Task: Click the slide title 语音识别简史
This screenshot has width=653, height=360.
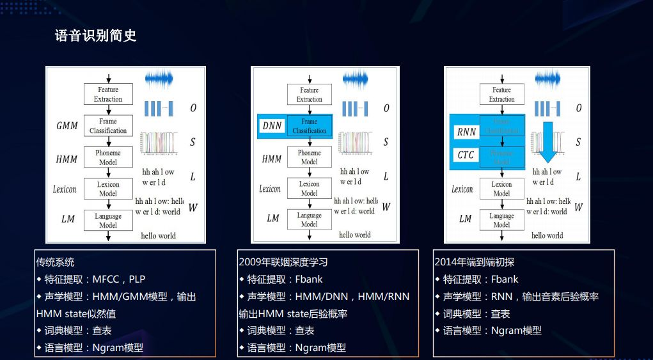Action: click(x=96, y=36)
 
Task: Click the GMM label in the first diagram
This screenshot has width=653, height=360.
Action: click(x=67, y=125)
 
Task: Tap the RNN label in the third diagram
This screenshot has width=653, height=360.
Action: click(x=466, y=132)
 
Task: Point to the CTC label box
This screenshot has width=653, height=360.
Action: click(x=466, y=155)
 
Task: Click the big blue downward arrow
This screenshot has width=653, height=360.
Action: click(x=547, y=141)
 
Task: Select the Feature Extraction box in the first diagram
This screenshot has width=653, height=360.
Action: click(x=108, y=95)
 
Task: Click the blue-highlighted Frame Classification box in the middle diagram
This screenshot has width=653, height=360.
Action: click(x=309, y=126)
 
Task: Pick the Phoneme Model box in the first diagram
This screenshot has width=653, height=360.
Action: click(x=108, y=157)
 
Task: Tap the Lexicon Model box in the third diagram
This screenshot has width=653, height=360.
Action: click(x=501, y=189)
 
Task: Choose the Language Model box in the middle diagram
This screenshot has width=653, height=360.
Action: click(x=309, y=219)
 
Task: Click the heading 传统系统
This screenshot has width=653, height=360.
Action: click(x=55, y=262)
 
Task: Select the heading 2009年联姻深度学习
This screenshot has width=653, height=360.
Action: click(x=283, y=262)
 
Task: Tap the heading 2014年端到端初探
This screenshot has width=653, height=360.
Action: click(x=474, y=262)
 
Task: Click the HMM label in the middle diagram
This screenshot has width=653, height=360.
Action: click(x=272, y=159)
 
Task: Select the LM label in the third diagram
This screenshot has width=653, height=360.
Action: click(x=465, y=219)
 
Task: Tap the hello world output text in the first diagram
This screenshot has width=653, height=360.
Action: click(x=158, y=235)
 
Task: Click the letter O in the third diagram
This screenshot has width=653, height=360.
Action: click(x=578, y=109)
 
